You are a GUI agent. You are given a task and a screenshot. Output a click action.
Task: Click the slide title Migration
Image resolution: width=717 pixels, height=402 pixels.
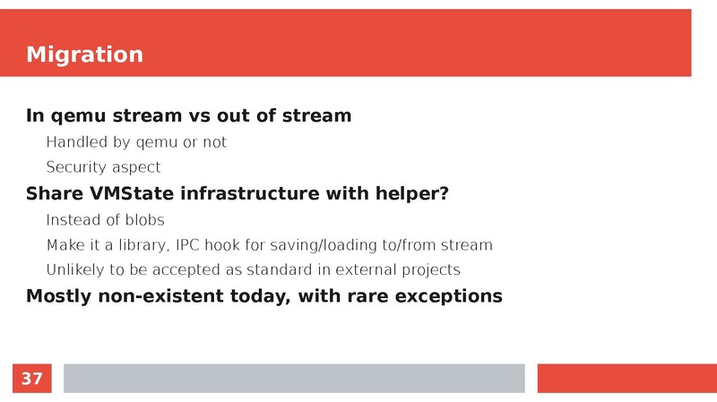pyautogui.click(x=84, y=55)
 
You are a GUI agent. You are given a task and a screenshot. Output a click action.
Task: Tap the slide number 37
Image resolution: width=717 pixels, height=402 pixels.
pyautogui.click(x=31, y=379)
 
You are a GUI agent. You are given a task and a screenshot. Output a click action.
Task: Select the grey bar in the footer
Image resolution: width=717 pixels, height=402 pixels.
pyautogui.click(x=293, y=378)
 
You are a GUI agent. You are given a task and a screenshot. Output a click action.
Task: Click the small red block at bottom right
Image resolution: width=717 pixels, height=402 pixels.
pyautogui.click(x=626, y=378)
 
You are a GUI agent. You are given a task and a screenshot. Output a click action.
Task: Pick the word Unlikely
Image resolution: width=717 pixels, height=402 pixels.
pyautogui.click(x=74, y=270)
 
